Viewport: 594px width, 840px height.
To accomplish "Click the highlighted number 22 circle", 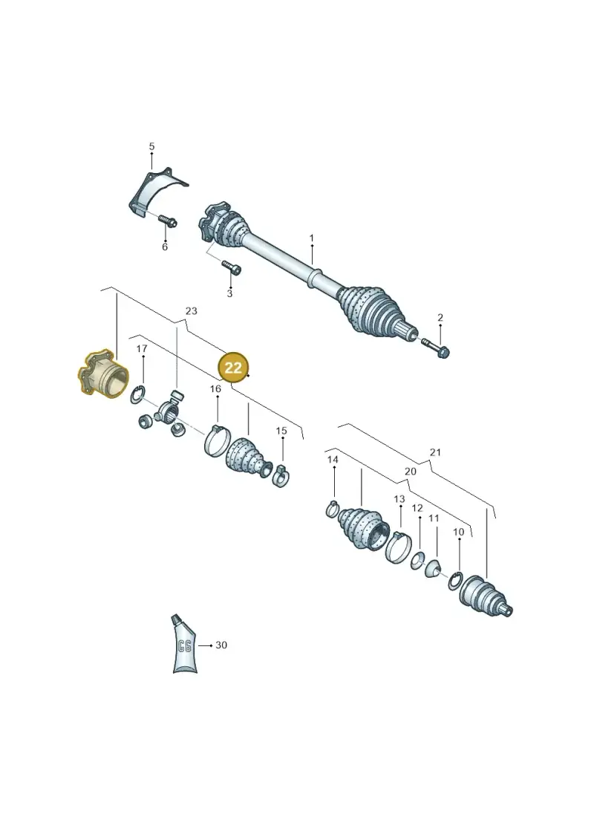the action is click(234, 368).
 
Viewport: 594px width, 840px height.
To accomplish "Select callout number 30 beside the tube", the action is click(221, 645).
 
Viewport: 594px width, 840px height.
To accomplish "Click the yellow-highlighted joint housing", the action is click(103, 374).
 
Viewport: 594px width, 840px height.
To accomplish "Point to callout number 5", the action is click(151, 146).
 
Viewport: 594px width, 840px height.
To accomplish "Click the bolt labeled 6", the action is click(168, 221).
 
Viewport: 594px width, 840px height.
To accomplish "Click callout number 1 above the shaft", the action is click(312, 238).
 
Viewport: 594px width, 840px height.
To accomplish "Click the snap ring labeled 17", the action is click(138, 396).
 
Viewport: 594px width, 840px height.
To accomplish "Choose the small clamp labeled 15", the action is click(281, 475).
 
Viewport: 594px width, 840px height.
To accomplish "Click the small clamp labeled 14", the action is click(332, 509).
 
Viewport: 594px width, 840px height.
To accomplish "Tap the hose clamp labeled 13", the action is click(399, 546).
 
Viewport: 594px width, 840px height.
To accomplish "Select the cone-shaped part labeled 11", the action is click(433, 568).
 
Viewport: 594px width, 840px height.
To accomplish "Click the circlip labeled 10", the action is click(456, 582).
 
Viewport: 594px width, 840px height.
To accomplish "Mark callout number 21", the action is click(435, 452).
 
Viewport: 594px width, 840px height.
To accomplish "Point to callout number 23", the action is click(192, 310).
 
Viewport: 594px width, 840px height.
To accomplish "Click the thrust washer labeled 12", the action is click(417, 560).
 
